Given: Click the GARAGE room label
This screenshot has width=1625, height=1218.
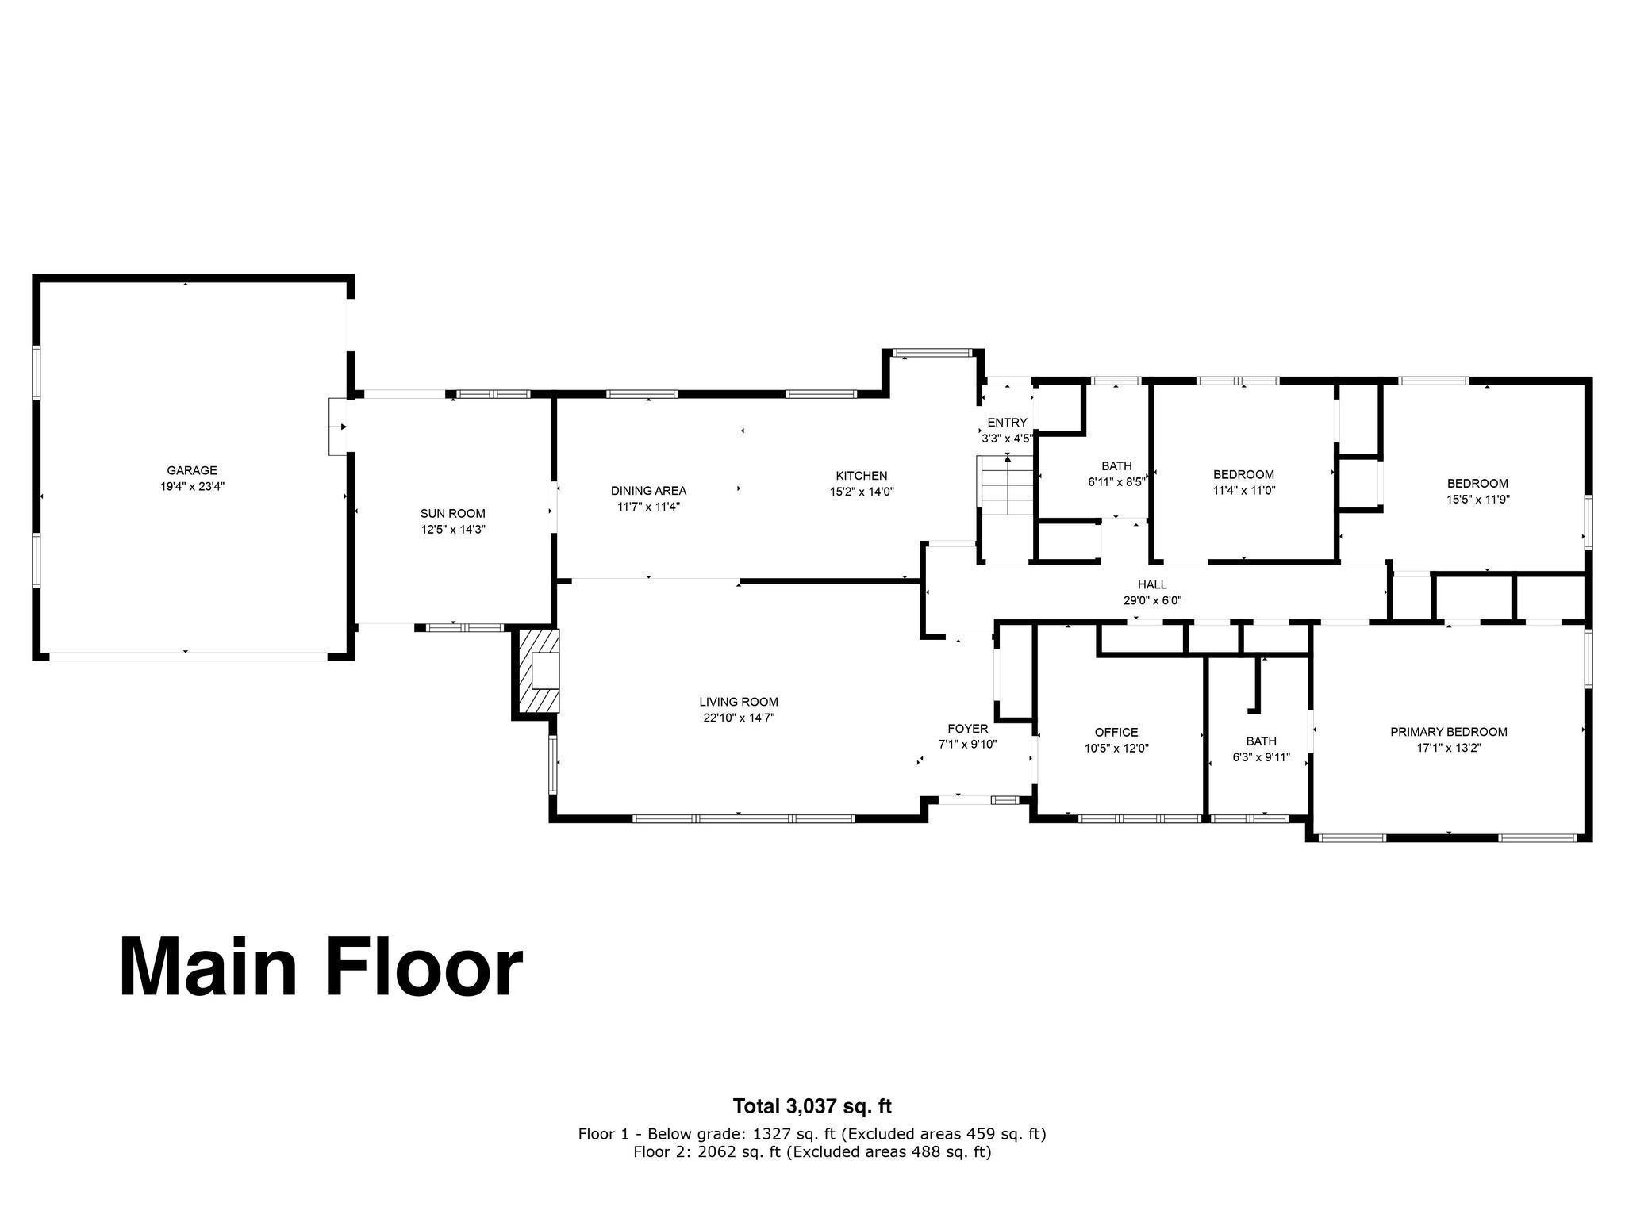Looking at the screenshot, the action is tap(192, 470).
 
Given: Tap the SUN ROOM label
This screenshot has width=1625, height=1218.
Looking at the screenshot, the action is tap(453, 513).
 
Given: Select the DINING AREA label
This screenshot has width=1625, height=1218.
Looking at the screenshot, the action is tap(648, 491).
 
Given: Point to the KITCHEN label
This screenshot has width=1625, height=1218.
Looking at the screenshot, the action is tap(861, 476).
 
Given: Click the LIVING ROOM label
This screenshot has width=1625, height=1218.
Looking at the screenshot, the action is tap(739, 702).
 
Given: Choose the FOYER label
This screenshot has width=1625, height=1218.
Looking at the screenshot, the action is tap(968, 729).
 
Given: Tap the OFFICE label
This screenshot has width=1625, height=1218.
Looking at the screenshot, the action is tap(1116, 732).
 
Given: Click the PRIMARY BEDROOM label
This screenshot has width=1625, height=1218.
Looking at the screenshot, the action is tap(1449, 732).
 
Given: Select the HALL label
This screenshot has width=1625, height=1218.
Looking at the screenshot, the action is tap(1152, 584).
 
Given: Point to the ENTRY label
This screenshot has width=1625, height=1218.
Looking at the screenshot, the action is tap(1007, 423).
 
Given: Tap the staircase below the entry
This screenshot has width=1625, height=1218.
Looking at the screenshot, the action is tap(1007, 485).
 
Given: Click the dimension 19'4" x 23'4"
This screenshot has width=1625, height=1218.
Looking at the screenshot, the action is tap(192, 487).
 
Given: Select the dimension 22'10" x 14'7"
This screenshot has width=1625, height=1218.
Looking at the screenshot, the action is tap(739, 718).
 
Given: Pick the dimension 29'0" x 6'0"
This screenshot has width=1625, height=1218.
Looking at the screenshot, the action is tap(1152, 601).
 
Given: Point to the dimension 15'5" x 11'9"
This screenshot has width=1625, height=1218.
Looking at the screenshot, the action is tap(1477, 500).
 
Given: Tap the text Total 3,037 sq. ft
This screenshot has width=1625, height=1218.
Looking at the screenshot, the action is tap(812, 1105).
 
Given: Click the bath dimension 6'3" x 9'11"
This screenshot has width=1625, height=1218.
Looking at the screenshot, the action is tap(1261, 757).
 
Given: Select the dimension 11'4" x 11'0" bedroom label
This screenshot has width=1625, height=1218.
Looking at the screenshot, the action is tap(1243, 491).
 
